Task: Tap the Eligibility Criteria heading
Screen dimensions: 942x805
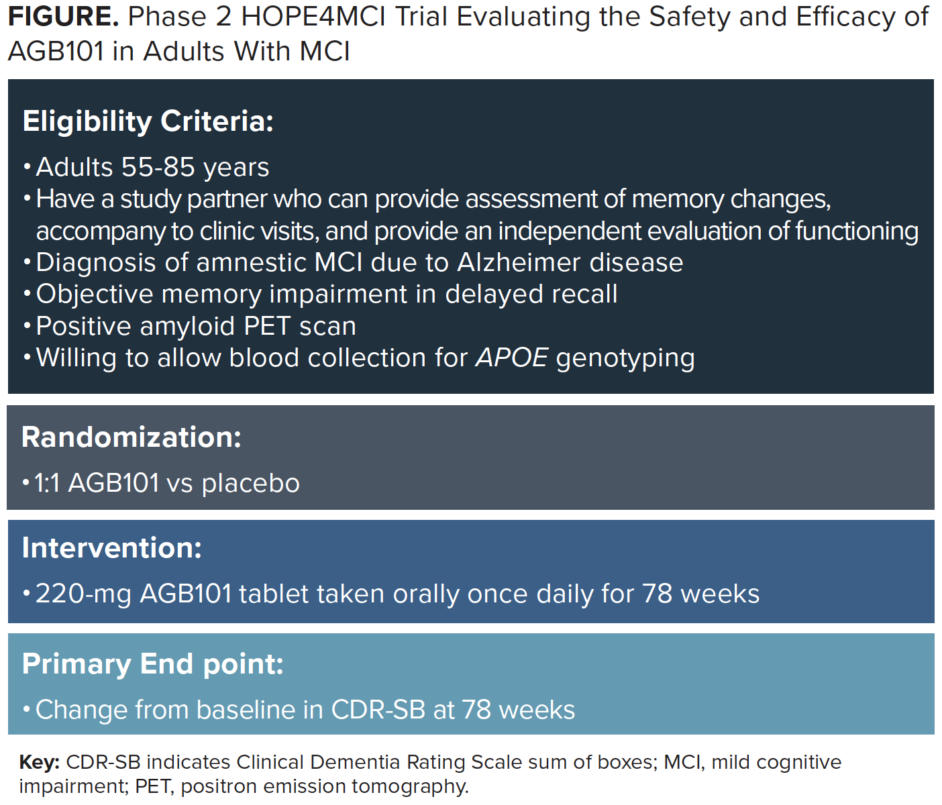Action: coord(148,122)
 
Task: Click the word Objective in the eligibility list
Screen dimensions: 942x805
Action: coord(95,294)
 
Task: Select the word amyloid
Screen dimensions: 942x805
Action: coord(187,327)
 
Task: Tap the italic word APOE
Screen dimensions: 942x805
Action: coord(511,358)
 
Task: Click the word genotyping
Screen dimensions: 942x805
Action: coord(625,358)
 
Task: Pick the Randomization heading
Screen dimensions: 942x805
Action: coord(132,437)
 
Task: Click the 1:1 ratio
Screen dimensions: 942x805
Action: coord(48,483)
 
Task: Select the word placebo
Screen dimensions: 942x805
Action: coord(251,484)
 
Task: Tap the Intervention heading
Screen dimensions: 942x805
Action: coord(111,547)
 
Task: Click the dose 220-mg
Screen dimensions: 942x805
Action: coord(83,594)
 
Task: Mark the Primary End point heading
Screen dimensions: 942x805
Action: coord(153,664)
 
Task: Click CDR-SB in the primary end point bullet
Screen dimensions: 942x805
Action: coord(378,710)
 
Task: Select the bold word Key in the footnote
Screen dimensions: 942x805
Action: coord(40,763)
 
